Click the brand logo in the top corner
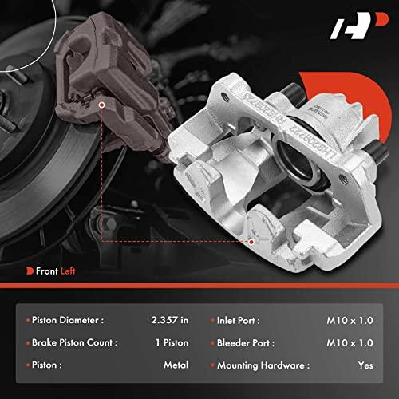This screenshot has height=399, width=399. [359, 26]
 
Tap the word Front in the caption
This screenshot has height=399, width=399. [47, 271]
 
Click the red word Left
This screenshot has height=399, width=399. [68, 271]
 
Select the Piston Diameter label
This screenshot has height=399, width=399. [68, 320]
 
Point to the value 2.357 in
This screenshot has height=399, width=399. [169, 320]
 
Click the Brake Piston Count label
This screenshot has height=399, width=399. [74, 342]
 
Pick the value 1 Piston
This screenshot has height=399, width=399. [172, 342]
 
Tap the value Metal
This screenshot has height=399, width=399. [176, 365]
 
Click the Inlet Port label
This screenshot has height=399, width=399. [239, 321]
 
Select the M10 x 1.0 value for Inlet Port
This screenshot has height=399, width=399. [350, 321]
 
